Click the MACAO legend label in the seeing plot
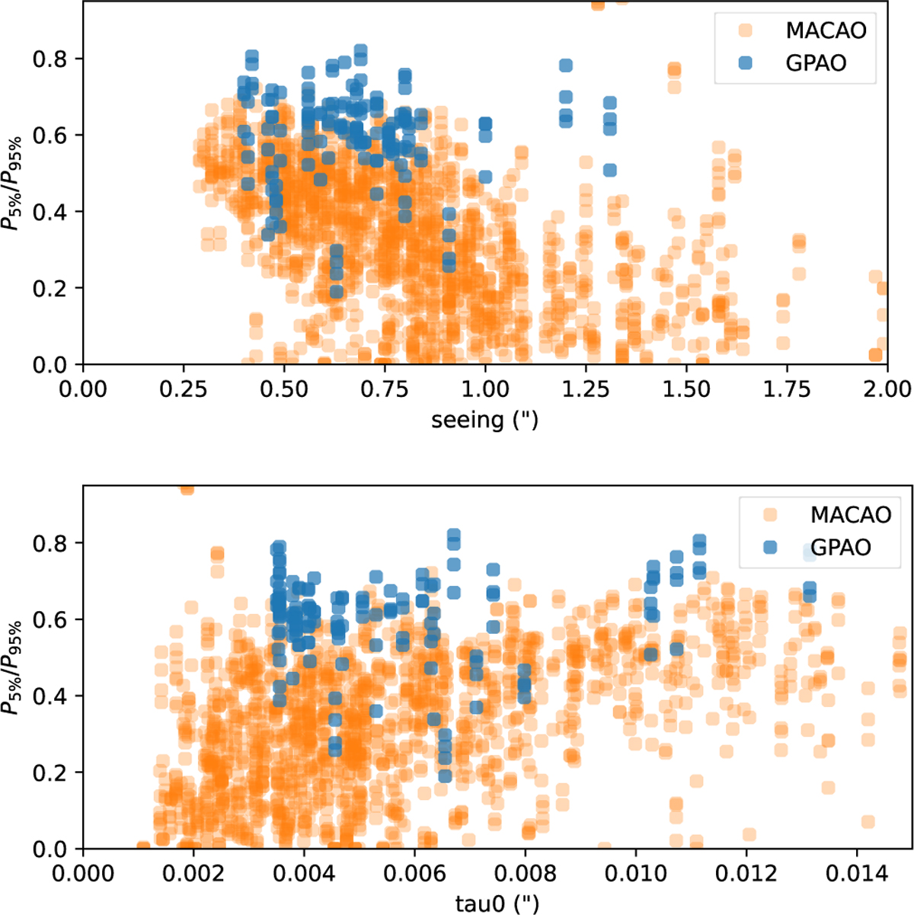click(826, 30)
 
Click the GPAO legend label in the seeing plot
click(816, 62)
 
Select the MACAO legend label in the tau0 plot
click(850, 514)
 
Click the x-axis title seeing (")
click(484, 420)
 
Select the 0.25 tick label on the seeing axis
click(184, 389)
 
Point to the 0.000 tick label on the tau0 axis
click(82, 873)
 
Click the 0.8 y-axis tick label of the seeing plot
click(48, 59)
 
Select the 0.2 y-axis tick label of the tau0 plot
click(48, 773)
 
